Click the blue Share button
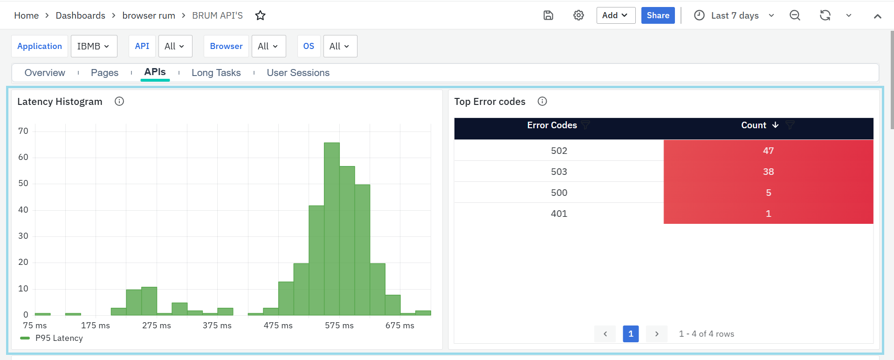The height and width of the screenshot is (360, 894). [658, 15]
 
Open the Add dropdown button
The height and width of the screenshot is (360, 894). [615, 15]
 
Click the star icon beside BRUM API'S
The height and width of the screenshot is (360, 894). [260, 15]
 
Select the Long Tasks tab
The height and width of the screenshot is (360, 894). [216, 73]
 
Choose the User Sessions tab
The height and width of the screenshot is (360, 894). [298, 73]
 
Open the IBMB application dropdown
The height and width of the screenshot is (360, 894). [94, 46]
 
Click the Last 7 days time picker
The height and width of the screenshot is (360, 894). [735, 15]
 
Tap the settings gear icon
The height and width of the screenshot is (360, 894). [578, 15]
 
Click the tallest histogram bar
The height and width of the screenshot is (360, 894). [331, 228]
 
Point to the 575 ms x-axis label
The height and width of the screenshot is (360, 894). [339, 325]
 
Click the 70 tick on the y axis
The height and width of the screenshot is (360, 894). [23, 131]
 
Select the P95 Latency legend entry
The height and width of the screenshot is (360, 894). [59, 338]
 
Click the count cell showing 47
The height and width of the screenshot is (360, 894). [768, 151]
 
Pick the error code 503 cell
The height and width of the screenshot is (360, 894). [559, 172]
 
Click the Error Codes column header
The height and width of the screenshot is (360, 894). [552, 125]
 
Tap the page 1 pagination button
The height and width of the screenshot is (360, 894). [630, 334]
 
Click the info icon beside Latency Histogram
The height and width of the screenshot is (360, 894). [119, 101]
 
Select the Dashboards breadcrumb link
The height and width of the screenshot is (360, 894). [81, 15]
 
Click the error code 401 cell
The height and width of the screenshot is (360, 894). [559, 214]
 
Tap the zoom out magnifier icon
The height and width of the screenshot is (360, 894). [795, 15]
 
